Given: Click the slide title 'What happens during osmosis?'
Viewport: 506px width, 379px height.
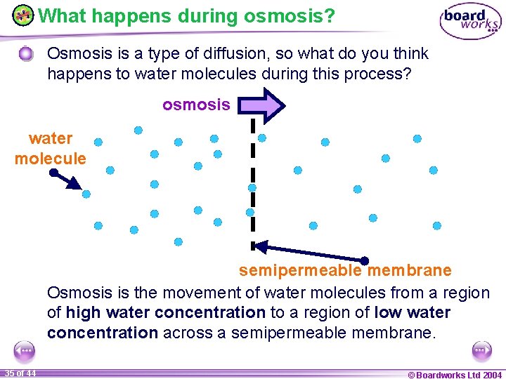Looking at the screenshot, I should [x=186, y=15].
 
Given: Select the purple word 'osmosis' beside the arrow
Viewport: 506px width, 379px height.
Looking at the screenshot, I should [x=196, y=105].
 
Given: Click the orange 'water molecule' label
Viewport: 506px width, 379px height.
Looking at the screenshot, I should [x=51, y=149].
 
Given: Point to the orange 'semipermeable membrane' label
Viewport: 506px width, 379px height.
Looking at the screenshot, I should [x=345, y=270].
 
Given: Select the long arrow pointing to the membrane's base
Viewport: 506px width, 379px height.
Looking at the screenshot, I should [x=309, y=253].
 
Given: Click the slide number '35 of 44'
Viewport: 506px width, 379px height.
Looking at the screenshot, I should [x=20, y=373].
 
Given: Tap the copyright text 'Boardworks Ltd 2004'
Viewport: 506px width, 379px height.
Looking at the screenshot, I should [x=455, y=374].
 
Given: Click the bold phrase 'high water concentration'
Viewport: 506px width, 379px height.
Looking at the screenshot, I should [x=165, y=312].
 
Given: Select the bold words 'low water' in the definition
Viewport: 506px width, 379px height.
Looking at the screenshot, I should [x=413, y=312].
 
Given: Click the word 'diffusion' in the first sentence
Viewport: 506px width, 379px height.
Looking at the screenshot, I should [x=217, y=54].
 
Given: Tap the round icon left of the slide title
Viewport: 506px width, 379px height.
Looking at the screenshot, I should [x=22, y=15].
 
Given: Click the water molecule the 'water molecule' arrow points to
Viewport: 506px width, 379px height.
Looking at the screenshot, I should [x=86, y=194].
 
